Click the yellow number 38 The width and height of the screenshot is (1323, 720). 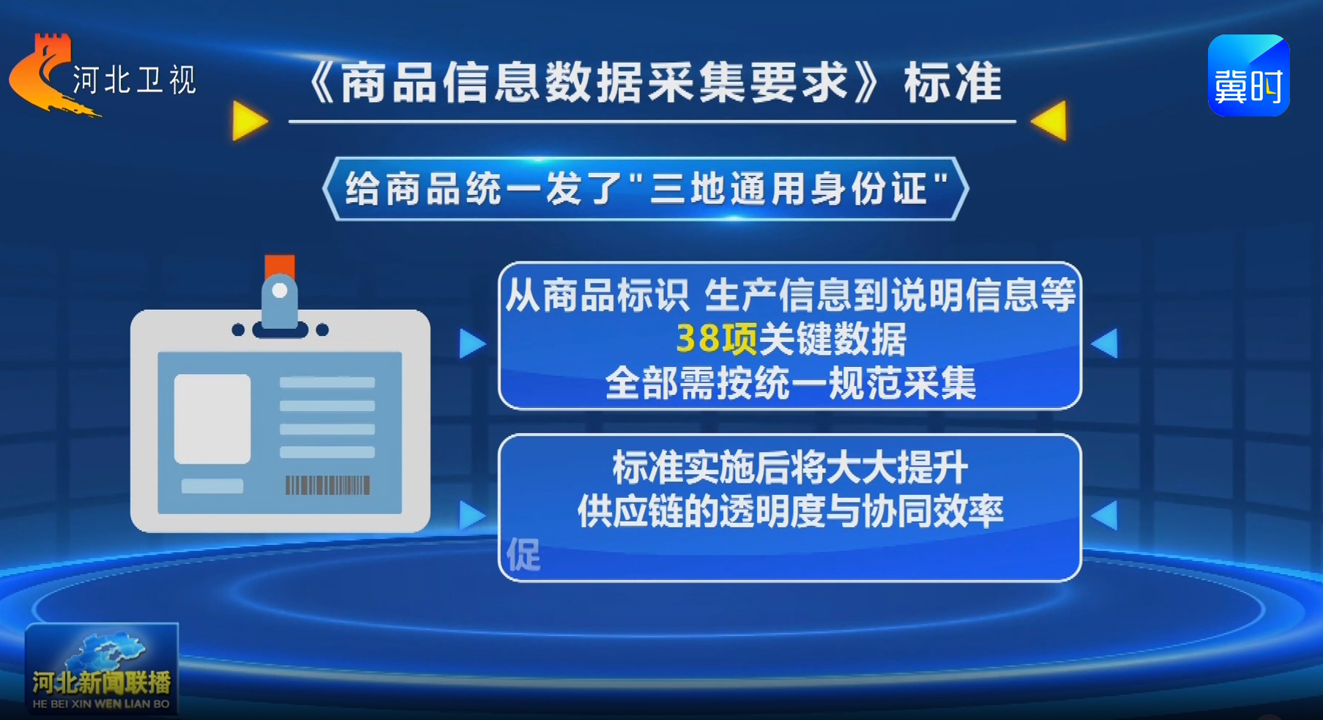point(698,339)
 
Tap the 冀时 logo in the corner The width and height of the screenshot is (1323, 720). point(1248,75)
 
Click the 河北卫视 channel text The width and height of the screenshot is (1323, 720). point(135,80)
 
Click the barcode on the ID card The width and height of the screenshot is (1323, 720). point(327,485)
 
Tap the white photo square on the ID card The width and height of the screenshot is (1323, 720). point(212,419)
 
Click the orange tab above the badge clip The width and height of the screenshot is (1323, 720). point(280,265)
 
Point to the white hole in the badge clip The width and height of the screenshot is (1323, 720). point(279,291)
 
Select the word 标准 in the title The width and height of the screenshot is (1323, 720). point(953,83)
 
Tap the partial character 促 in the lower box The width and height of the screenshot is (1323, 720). point(523,554)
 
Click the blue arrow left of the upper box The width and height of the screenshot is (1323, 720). point(472,344)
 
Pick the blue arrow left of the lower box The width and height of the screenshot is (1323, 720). point(472,516)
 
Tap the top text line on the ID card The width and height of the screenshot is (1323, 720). point(327,382)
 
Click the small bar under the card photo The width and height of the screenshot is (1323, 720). point(212,486)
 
